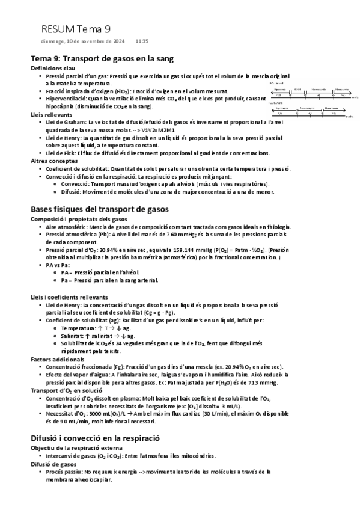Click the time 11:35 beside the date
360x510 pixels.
[x=142, y=41]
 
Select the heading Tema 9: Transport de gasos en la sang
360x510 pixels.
[x=102, y=59]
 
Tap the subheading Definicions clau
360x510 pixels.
[x=53, y=69]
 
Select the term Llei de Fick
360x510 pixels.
[x=60, y=153]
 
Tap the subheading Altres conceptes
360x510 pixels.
[x=53, y=161]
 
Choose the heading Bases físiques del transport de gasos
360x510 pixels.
[x=99, y=209]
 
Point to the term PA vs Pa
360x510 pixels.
[x=59, y=264]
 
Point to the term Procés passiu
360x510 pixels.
[x=64, y=472]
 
